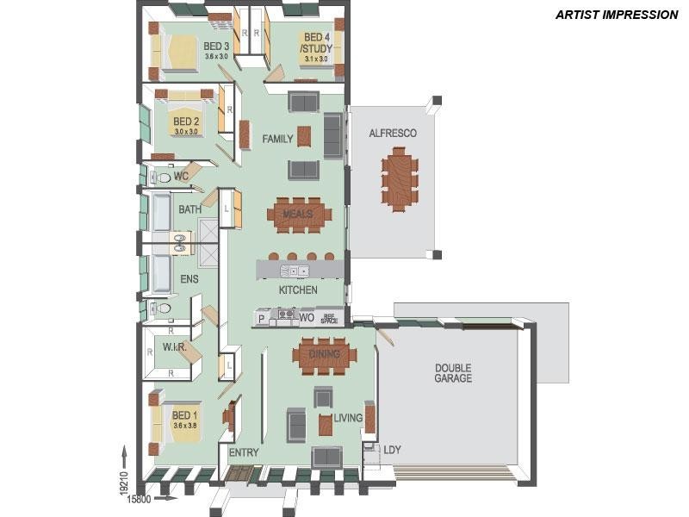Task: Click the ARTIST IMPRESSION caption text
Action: pos(616,15)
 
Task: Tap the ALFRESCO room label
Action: pos(393,134)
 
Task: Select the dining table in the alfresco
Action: pos(399,178)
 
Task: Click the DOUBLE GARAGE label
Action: pos(452,372)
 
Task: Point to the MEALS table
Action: pos(298,215)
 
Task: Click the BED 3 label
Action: pos(216,47)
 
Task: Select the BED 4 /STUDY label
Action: pos(316,43)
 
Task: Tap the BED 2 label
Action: pos(186,121)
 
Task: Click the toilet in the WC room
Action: pos(161,178)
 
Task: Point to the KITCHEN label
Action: pos(298,290)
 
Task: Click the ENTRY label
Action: pos(244,452)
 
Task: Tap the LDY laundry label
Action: pos(392,450)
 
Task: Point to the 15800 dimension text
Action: pos(140,498)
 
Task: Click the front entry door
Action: pos(240,473)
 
